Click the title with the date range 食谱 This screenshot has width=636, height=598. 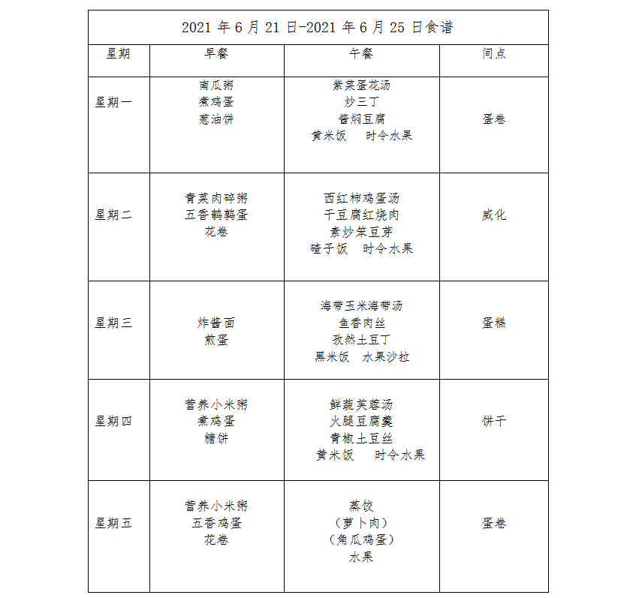[x=317, y=28]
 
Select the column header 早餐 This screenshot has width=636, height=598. [x=216, y=53]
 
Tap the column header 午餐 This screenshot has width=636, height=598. [x=361, y=53]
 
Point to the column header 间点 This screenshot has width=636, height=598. [x=493, y=53]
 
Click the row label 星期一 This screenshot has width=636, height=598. [x=113, y=102]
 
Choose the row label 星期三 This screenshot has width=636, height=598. [x=113, y=323]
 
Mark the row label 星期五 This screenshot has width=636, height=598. [x=113, y=523]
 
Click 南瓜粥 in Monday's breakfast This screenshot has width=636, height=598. [x=216, y=86]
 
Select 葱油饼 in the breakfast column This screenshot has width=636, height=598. [x=216, y=119]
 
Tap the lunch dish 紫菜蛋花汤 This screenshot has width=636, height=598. [x=361, y=86]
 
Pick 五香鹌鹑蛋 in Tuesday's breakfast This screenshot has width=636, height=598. [x=216, y=215]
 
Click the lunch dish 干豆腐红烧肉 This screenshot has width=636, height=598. [x=361, y=215]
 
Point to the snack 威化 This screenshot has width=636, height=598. [x=493, y=215]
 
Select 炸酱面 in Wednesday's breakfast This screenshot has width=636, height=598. [x=216, y=323]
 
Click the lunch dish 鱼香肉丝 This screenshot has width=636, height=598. [x=361, y=323]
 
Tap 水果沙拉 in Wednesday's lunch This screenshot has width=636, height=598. [x=386, y=356]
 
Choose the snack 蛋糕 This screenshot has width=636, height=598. [x=493, y=323]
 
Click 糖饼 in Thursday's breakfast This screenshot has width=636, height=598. [x=216, y=438]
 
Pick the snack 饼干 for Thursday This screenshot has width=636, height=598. [x=493, y=421]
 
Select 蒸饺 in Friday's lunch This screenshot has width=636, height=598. [x=361, y=506]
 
